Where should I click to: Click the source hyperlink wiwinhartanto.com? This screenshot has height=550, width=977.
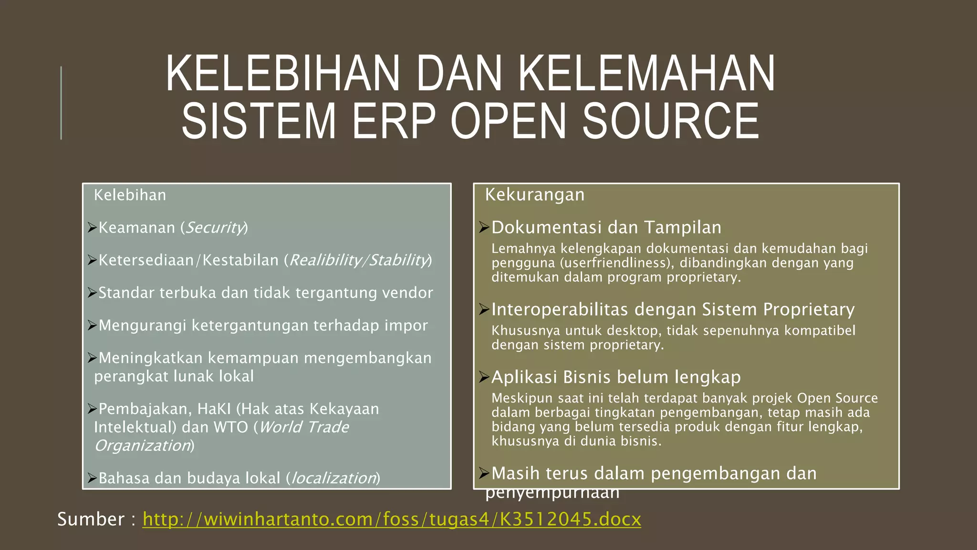391,519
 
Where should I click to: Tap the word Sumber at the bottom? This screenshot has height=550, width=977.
91,519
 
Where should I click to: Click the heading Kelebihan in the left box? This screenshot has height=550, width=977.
130,195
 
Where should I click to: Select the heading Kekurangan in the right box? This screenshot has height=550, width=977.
534,195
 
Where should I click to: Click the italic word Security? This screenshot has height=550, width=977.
214,228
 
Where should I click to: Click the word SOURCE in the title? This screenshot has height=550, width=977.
670,121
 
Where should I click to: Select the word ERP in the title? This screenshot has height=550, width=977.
394,121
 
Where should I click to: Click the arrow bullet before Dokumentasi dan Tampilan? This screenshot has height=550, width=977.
484,228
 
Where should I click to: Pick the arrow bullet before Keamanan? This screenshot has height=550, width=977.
92,228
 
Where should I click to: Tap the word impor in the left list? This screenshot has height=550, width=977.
406,326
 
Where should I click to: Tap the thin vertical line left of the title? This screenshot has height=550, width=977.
61,103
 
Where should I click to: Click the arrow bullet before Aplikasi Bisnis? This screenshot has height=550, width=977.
484,377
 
